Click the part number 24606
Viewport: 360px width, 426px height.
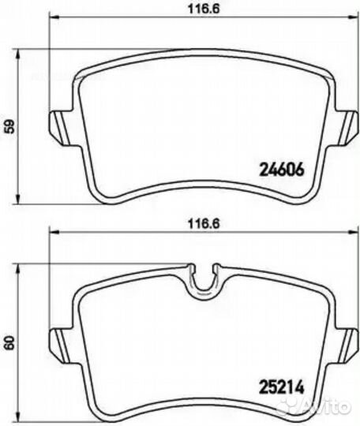click(281, 170)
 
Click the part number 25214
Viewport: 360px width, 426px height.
click(281, 387)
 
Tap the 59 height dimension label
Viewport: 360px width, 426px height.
click(11, 126)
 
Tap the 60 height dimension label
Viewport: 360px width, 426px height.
click(10, 343)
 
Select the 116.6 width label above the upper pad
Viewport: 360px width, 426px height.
click(204, 9)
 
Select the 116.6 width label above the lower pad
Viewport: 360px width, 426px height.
click(204, 224)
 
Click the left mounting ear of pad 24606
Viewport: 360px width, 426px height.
click(60, 127)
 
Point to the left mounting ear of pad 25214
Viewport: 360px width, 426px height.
click(60, 345)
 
